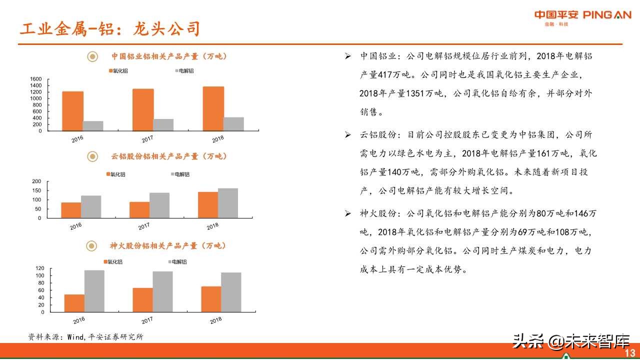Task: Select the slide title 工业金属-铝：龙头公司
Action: [109, 29]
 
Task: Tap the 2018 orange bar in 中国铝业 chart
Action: [213, 108]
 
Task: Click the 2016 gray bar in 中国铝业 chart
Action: [93, 125]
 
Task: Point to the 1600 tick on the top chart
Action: [36, 79]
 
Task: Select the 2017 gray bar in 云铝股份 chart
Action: [159, 205]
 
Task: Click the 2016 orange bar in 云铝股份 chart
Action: [71, 210]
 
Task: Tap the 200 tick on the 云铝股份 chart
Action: [36, 181]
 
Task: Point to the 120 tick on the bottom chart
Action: [40, 268]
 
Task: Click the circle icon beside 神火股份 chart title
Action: [92, 246]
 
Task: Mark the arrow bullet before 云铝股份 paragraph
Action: [348, 135]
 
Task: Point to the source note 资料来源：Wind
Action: [85, 337]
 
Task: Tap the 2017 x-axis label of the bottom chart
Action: [147, 320]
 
